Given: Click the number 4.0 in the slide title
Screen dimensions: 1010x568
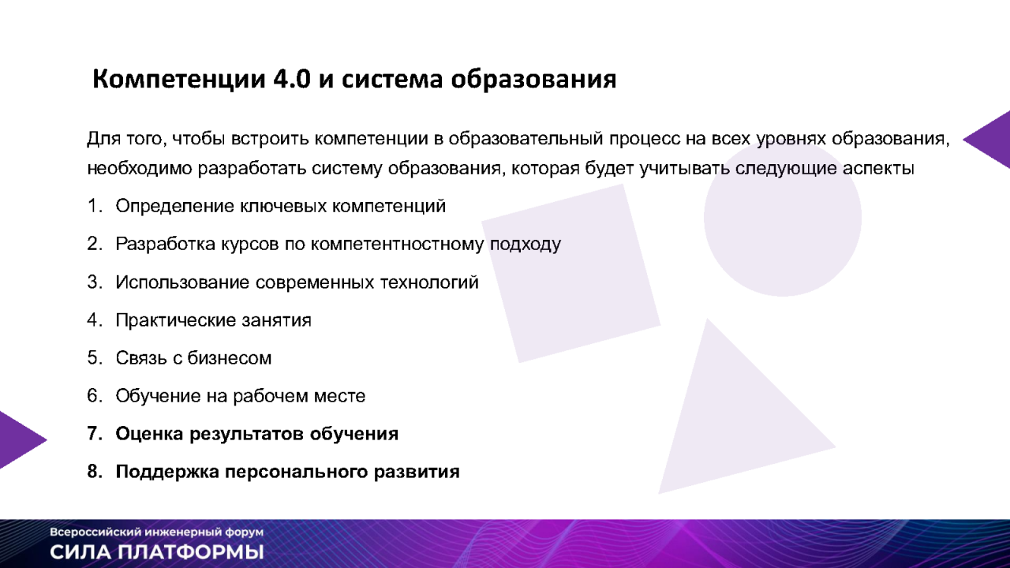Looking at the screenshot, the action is click(292, 79).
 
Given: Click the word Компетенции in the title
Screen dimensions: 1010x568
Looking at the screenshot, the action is click(179, 80).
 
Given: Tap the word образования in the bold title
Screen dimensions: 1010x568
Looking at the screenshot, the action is click(533, 80).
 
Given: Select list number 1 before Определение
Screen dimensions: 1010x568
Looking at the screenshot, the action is click(94, 206).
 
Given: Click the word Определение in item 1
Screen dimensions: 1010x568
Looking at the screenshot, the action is click(174, 207).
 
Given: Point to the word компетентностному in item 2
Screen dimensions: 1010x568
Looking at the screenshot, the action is click(397, 244).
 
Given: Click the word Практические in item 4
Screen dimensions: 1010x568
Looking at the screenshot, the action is click(176, 320).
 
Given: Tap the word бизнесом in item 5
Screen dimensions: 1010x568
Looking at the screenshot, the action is click(230, 358).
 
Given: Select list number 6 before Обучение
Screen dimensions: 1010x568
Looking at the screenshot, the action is click(95, 396).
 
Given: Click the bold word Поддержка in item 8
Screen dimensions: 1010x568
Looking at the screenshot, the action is click(167, 472).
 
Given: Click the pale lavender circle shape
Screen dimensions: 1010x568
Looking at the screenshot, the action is click(783, 218).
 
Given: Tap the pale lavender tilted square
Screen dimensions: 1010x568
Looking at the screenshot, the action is click(571, 273).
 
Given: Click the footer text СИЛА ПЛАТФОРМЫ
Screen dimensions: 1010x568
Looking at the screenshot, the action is click(157, 552).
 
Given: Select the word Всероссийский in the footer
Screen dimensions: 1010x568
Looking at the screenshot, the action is click(84, 532).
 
